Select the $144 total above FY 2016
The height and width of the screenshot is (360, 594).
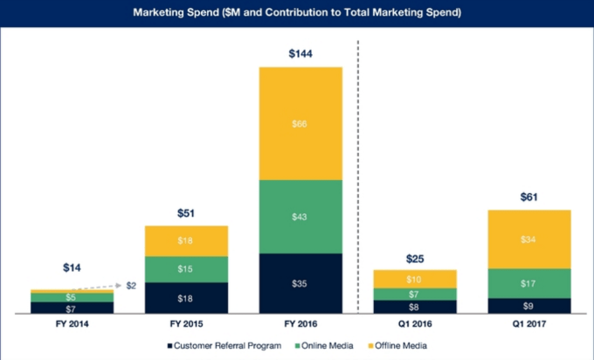(300, 54)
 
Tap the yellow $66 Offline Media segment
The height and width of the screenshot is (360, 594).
(300, 123)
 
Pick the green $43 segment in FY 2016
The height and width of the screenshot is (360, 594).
(300, 217)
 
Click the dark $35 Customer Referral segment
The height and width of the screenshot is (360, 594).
(300, 284)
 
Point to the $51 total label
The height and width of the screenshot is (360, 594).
(187, 212)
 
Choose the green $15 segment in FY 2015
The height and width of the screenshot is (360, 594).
(187, 269)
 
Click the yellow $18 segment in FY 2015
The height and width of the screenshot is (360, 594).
(187, 240)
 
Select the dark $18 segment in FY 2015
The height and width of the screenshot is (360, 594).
(187, 298)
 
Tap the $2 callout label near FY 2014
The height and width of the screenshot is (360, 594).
(131, 286)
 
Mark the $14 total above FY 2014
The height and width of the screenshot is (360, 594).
(72, 267)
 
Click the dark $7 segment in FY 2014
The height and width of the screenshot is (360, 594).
(72, 308)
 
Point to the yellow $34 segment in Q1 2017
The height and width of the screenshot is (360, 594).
(529, 239)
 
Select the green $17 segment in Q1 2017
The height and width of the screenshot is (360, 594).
(529, 283)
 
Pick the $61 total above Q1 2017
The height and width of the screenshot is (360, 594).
(529, 197)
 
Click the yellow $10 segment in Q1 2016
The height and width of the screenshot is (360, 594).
(415, 279)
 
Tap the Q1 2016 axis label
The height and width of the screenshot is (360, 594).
(415, 324)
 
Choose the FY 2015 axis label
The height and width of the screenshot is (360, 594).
(187, 324)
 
